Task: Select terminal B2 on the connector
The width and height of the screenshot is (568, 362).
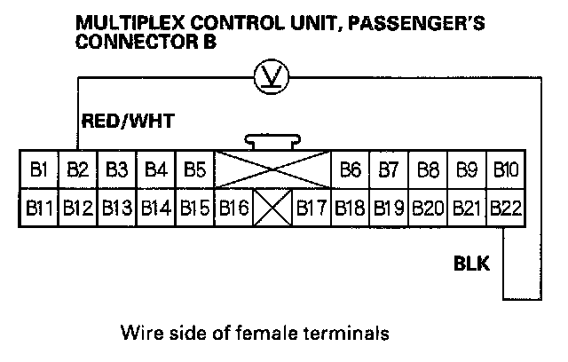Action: (76, 169)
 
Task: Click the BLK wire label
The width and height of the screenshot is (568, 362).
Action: (470, 263)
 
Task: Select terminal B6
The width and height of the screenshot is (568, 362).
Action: (350, 169)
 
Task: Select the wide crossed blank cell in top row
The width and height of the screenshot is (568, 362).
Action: (272, 169)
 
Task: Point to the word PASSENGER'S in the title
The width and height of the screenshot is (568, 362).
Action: (418, 25)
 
